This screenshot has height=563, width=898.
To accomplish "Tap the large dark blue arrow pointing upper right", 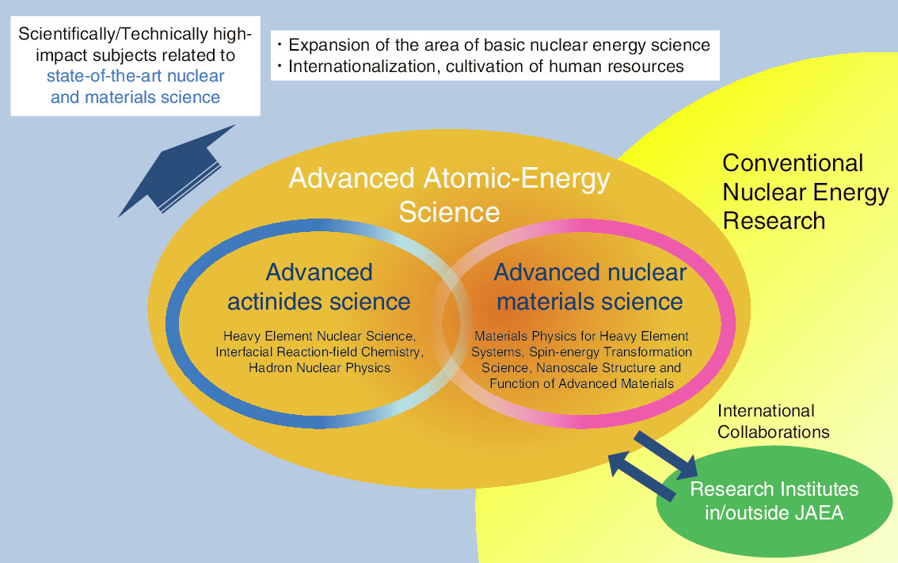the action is [175, 172].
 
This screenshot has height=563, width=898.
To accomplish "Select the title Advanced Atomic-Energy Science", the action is [450, 195].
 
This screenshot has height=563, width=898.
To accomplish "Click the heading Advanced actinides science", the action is [319, 287].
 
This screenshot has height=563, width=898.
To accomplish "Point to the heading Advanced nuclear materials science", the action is [590, 287].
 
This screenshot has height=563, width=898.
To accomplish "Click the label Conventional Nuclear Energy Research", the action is [805, 192].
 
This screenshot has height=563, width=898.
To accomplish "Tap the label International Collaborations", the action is [773, 421].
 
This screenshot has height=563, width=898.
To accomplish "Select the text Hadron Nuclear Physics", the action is [320, 367].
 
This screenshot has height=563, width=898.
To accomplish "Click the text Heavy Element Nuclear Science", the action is [318, 336].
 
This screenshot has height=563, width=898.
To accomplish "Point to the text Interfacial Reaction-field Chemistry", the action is [319, 352].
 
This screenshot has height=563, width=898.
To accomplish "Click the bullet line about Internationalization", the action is [481, 67].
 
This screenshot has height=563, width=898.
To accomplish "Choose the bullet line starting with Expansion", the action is [493, 44].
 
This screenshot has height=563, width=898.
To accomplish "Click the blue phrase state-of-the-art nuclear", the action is [135, 76].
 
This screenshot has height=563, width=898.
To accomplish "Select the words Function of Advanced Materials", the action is [581, 384].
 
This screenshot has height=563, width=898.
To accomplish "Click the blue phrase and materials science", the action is [135, 97].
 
